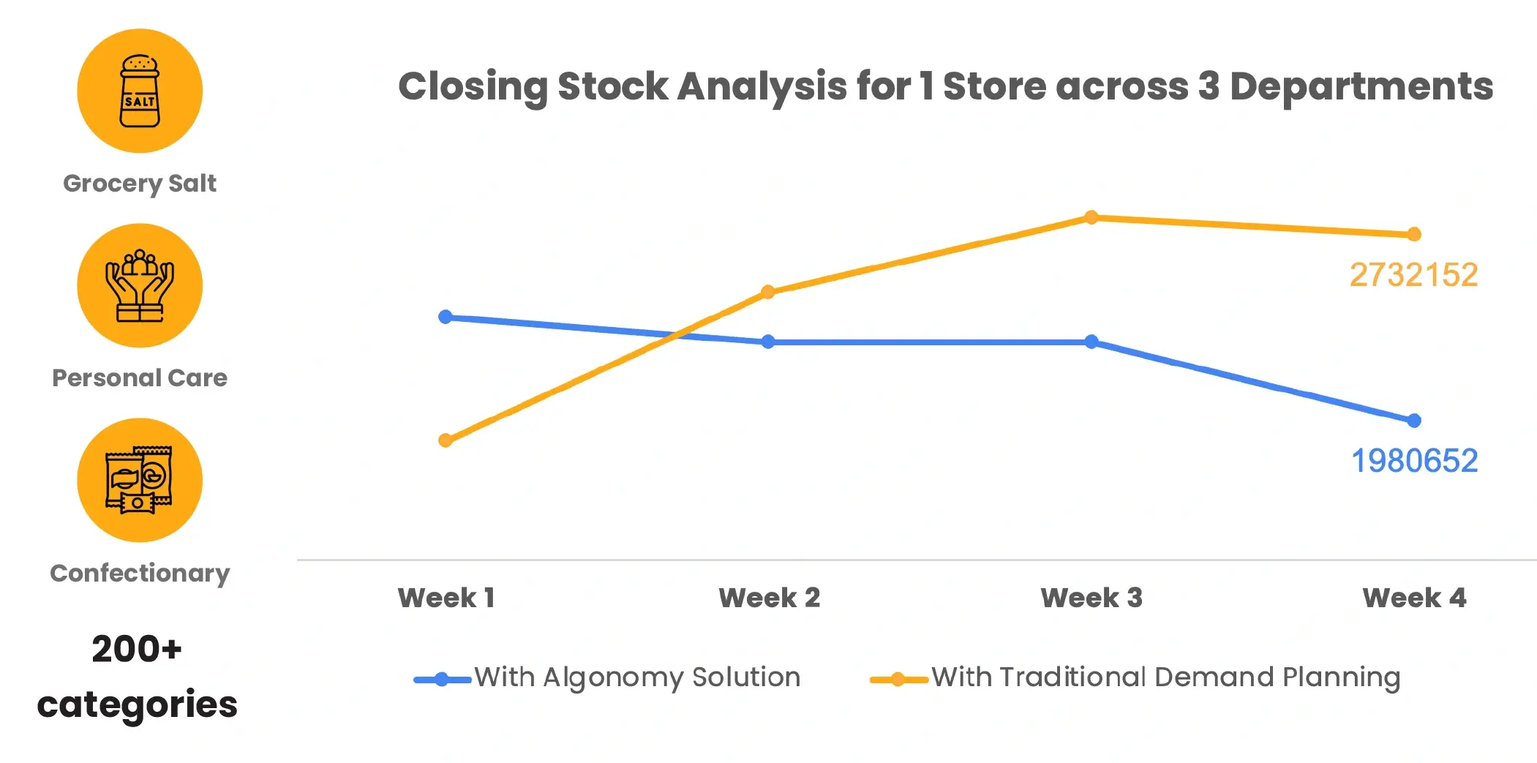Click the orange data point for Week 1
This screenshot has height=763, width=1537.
445,440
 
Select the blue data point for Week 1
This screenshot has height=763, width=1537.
445,317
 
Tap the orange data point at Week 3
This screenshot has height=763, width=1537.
1091,217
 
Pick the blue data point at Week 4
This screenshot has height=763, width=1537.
1413,421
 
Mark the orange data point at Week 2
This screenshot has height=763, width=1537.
767,293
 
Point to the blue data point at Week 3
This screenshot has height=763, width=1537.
1091,342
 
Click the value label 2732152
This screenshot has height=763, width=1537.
1413,275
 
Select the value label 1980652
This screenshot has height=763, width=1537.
1414,461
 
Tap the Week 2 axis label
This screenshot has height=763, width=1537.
769,598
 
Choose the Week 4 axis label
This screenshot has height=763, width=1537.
1414,598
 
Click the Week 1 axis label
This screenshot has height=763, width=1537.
446,598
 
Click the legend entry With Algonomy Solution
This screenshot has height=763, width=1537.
606,677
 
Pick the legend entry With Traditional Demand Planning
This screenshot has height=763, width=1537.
1135,677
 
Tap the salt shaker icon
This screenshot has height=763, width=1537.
140,91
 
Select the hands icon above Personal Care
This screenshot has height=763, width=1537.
140,286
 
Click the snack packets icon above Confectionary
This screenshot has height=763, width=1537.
139,480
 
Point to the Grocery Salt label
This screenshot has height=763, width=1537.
140,183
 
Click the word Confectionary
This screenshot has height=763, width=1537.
140,573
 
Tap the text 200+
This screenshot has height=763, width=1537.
137,649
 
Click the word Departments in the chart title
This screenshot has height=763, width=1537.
1361,87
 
